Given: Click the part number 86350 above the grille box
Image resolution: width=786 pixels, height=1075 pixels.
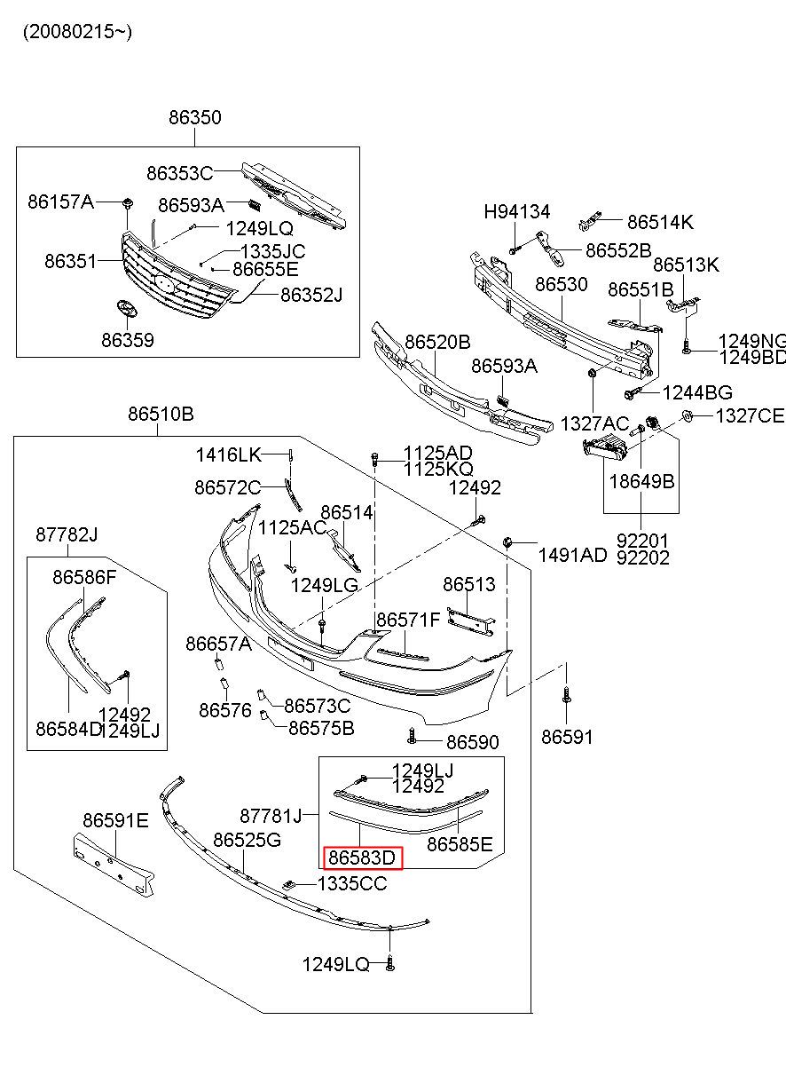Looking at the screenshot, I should click(x=195, y=118).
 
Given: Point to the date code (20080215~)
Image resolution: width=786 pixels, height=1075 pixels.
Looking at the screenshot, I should click(x=77, y=32).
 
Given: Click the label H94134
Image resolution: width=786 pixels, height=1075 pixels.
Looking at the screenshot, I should click(x=516, y=212).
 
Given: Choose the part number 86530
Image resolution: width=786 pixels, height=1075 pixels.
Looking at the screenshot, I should click(x=561, y=285).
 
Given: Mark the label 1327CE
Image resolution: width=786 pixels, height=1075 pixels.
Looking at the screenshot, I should click(x=750, y=415).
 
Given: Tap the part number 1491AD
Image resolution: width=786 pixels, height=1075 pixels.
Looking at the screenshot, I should click(x=572, y=555).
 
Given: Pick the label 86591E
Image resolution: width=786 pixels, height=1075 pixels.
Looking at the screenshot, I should click(x=115, y=820).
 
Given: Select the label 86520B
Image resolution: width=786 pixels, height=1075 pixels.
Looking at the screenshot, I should click(x=437, y=342).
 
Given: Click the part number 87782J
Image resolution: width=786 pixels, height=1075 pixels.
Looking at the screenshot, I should click(x=67, y=534).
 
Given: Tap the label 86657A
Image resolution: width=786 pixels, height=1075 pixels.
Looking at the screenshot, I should click(x=218, y=644).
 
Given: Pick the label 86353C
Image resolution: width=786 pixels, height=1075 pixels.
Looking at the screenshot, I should click(x=180, y=173).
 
